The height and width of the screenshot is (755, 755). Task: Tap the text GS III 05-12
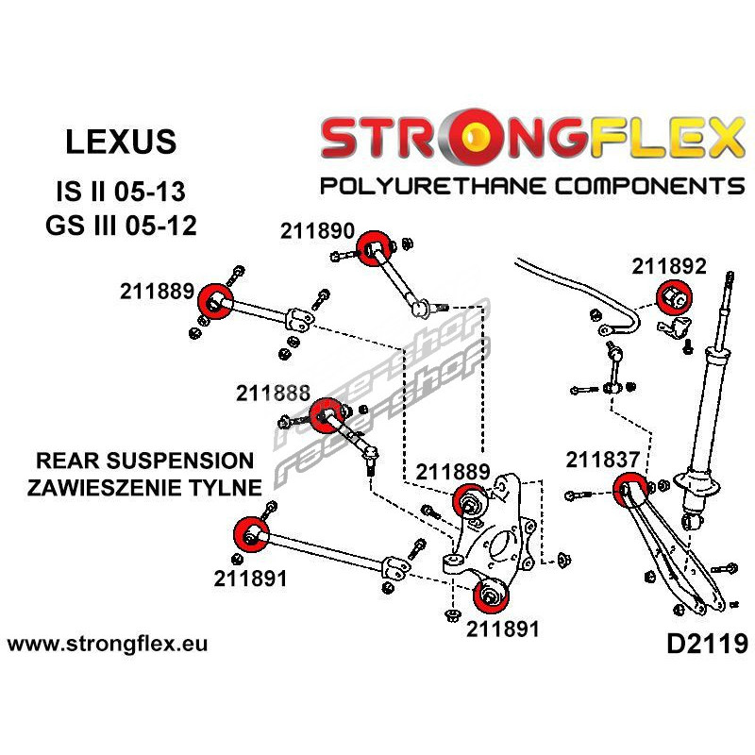pos(121,226)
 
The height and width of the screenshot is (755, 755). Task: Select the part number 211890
pos(316,230)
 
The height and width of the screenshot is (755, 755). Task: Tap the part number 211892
pos(668,266)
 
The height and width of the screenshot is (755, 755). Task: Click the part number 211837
pos(604,460)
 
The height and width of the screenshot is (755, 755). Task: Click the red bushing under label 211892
pos(674,297)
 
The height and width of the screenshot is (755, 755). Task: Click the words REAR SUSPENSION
pos(144,461)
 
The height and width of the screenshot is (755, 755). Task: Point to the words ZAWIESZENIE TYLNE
pos(144,487)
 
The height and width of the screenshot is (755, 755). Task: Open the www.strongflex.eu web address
pos(107,645)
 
